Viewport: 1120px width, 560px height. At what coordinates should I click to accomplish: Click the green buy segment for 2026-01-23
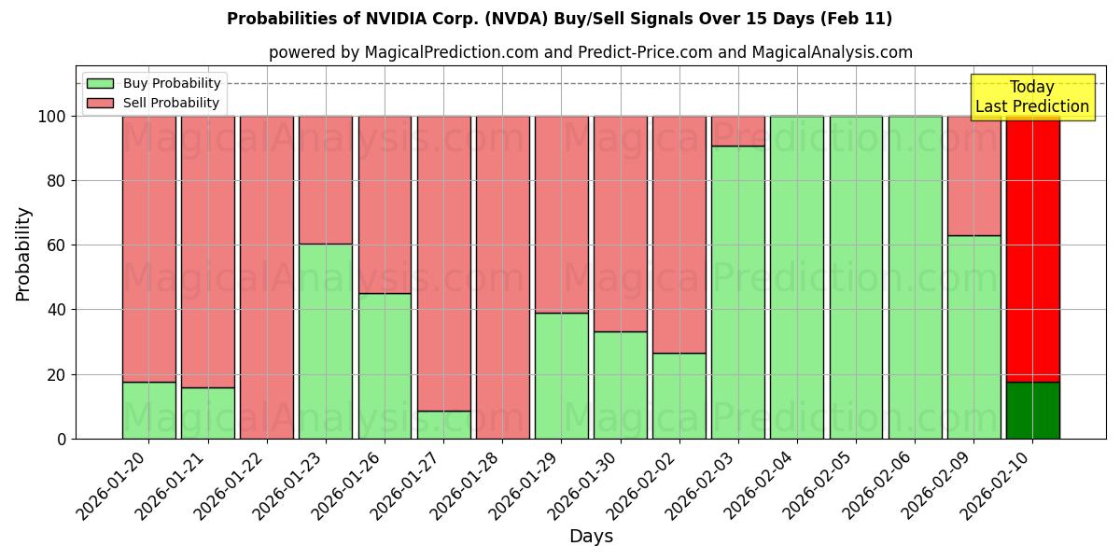tap(326, 341)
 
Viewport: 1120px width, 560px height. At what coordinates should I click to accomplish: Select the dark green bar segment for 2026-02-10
tap(1032, 410)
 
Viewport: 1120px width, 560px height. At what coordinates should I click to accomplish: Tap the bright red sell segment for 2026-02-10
tap(1032, 248)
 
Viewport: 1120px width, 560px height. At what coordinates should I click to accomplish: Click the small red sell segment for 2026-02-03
tap(738, 131)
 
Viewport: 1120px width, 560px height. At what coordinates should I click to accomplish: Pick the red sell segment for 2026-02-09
tap(973, 175)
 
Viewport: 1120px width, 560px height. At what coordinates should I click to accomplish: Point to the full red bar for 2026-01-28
tap(502, 277)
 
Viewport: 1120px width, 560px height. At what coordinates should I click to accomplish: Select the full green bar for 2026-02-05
tap(856, 277)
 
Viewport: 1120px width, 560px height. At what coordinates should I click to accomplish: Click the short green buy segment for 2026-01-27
tap(443, 425)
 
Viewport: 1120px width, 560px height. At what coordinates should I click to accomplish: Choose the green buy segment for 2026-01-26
tap(385, 366)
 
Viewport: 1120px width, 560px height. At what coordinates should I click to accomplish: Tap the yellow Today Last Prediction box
tap(1032, 97)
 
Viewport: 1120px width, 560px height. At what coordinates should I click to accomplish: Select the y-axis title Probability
tap(23, 254)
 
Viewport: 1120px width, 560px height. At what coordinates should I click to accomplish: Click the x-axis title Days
tap(591, 537)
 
